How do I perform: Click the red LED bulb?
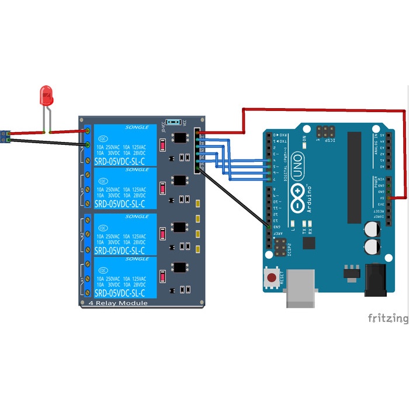point(46,95)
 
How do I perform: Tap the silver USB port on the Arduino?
point(301,289)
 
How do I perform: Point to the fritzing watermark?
point(388,318)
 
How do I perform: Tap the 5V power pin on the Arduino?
point(389,199)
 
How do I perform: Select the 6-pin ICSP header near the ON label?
point(326,131)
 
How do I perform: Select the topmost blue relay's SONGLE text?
point(137,127)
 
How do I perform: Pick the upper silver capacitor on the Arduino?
point(372,228)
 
